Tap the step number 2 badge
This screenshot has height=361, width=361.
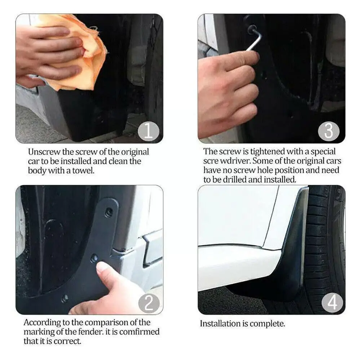click(149, 303)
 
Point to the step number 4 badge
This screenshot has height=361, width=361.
click(332, 303)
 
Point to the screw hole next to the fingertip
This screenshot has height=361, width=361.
click(94, 258)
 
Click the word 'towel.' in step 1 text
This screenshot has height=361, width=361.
click(83, 171)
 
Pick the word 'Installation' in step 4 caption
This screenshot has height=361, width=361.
click(221, 324)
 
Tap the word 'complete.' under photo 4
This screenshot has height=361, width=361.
click(268, 324)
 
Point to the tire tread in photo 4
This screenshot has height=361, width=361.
click(322, 242)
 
